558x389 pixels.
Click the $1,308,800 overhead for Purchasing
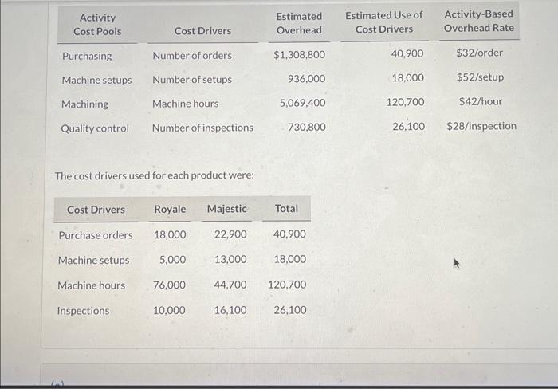pyautogui.click(x=299, y=55)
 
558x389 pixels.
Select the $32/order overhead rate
pyautogui.click(x=480, y=53)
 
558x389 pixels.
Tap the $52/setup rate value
pyautogui.click(x=480, y=77)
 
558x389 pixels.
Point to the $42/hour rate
pyautogui.click(x=481, y=101)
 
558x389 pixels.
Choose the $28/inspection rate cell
pyautogui.click(x=481, y=126)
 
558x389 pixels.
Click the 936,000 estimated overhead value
pyautogui.click(x=306, y=79)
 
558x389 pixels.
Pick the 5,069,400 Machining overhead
pyautogui.click(x=302, y=103)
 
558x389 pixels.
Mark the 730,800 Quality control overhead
pyautogui.click(x=306, y=127)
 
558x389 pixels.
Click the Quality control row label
pyautogui.click(x=95, y=128)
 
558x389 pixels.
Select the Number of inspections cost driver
pyautogui.click(x=202, y=128)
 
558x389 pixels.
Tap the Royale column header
pyautogui.click(x=170, y=209)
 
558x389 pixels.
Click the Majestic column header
pyautogui.click(x=226, y=209)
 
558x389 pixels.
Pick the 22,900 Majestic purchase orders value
pyautogui.click(x=230, y=235)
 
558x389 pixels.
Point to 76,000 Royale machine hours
pyautogui.click(x=169, y=285)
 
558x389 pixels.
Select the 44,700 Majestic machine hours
pyautogui.click(x=230, y=285)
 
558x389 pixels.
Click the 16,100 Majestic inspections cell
pyautogui.click(x=230, y=310)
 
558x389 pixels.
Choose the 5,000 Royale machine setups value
pyautogui.click(x=173, y=260)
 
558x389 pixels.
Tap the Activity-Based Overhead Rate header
pyautogui.click(x=478, y=21)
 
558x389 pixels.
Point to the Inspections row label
pyautogui.click(x=83, y=311)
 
